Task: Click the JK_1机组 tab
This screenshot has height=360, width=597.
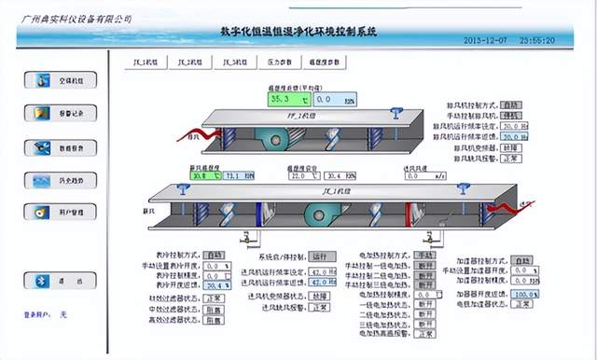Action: click(145, 62)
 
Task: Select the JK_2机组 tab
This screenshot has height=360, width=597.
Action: click(190, 62)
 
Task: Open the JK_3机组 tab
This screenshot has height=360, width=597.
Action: click(234, 62)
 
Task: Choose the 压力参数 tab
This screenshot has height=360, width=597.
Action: click(279, 62)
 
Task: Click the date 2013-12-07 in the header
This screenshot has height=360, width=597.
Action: click(486, 41)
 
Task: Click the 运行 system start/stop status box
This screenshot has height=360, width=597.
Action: click(323, 256)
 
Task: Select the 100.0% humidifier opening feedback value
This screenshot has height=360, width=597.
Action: click(525, 293)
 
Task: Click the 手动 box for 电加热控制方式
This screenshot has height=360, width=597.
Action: click(425, 255)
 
